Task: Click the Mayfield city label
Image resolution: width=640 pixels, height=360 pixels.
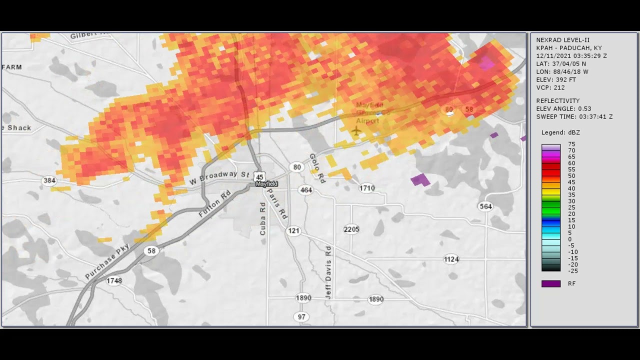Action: (x=266, y=184)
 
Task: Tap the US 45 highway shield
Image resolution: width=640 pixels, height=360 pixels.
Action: (x=259, y=176)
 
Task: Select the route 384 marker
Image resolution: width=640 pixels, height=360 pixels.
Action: (x=49, y=180)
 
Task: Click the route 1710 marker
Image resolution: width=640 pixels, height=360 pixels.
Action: (x=366, y=188)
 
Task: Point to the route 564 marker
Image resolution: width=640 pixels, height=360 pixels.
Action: (x=485, y=206)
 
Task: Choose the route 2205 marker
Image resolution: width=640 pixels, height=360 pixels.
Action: (x=351, y=229)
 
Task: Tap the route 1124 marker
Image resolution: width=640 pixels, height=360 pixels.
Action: (x=451, y=259)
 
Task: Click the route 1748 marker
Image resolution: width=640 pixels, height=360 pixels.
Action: (x=114, y=280)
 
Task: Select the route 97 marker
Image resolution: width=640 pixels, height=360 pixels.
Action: (x=301, y=316)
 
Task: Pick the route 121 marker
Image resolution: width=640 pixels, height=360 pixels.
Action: (x=294, y=230)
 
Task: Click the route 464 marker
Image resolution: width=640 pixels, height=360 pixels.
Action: (x=305, y=190)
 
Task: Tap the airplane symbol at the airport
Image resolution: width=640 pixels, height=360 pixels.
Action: (x=356, y=131)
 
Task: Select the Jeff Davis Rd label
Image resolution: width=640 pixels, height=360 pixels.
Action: (x=328, y=272)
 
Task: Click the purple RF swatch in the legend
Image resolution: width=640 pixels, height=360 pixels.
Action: (x=551, y=283)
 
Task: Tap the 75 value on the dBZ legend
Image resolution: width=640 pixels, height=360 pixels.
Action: (x=571, y=144)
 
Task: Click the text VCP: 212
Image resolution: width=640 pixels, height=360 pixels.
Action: (x=550, y=87)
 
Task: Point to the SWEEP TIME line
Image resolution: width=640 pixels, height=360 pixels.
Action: (x=574, y=116)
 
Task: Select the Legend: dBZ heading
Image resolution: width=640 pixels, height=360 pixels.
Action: (x=560, y=132)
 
